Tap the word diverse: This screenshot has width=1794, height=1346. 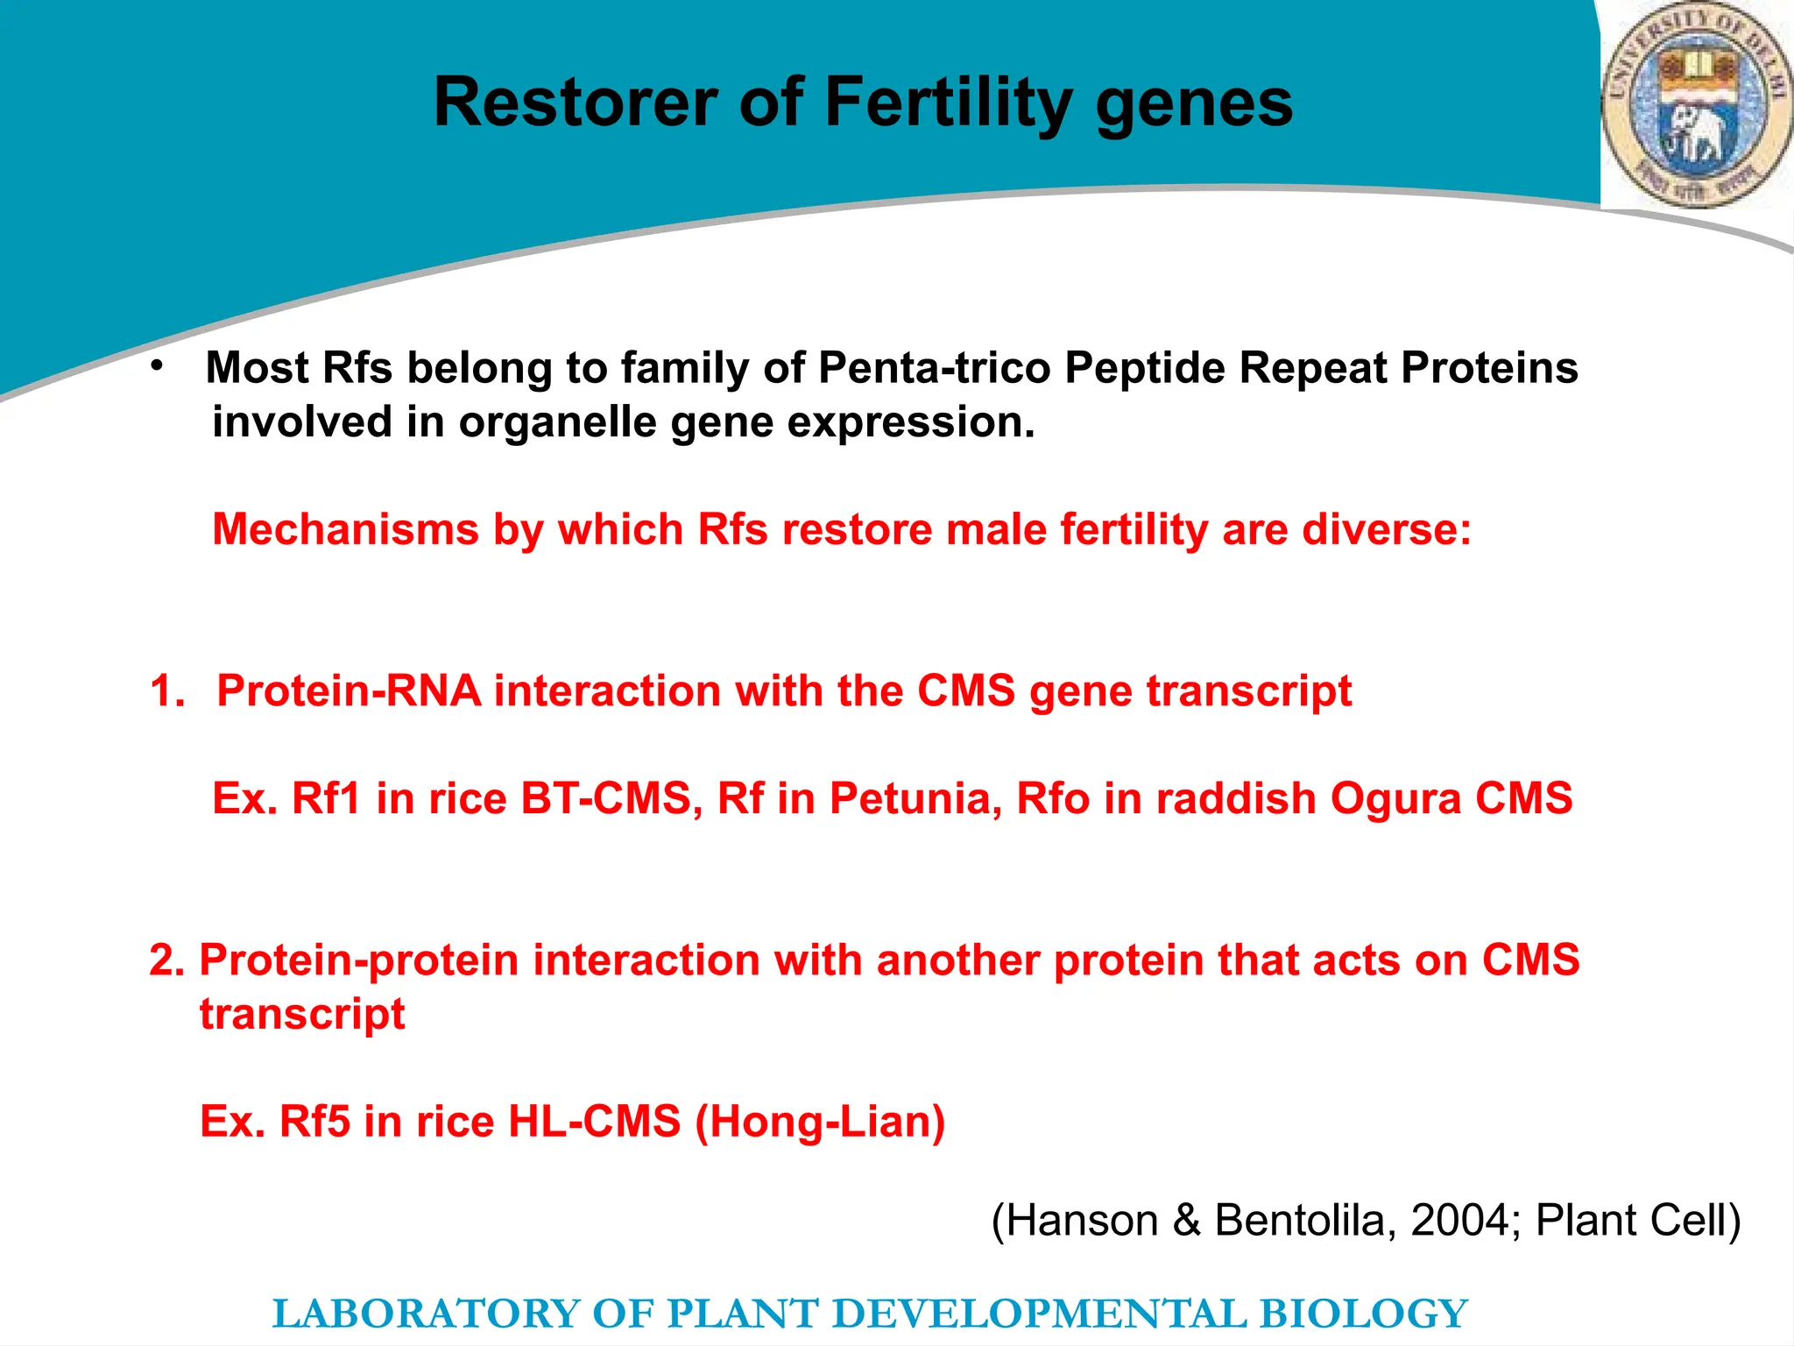click(x=1387, y=530)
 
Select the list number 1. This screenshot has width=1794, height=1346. click(x=166, y=691)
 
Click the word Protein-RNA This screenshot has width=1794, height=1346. click(x=349, y=691)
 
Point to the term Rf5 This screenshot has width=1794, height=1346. click(x=314, y=1122)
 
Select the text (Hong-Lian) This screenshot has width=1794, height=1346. click(x=820, y=1123)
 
